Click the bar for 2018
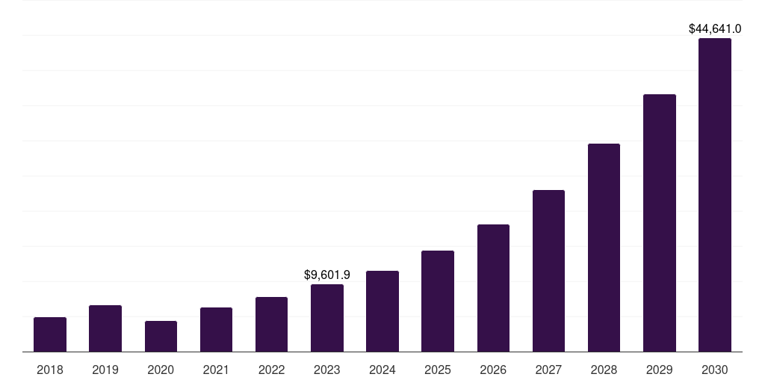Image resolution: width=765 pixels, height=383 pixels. pyautogui.click(x=50, y=334)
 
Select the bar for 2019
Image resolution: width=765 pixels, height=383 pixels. pyautogui.click(x=105, y=328)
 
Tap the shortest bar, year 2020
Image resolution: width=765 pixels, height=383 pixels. pyautogui.click(x=161, y=337)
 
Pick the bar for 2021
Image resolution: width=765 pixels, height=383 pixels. pyautogui.click(x=216, y=330)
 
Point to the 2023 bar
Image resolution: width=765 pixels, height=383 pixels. pyautogui.click(x=327, y=318)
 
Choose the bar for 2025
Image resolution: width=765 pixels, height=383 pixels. pyautogui.click(x=438, y=301)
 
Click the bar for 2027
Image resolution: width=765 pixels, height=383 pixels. pyautogui.click(x=548, y=271)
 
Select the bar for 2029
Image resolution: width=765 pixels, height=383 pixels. pyautogui.click(x=660, y=223)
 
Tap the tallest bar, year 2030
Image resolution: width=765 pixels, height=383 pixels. pyautogui.click(x=715, y=195)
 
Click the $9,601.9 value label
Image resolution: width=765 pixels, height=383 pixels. pyautogui.click(x=327, y=275)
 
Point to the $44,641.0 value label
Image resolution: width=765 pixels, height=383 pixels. pyautogui.click(x=715, y=29)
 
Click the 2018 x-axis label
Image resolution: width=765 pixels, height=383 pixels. pyautogui.click(x=50, y=370)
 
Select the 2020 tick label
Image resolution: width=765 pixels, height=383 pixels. pyautogui.click(x=161, y=370)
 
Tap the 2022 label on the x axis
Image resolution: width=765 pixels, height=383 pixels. pyautogui.click(x=271, y=370)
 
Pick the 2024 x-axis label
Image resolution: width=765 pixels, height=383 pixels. pyautogui.click(x=382, y=370)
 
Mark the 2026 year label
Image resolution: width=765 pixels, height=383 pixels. pyautogui.click(x=493, y=370)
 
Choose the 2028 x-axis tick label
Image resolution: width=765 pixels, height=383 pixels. pyautogui.click(x=604, y=370)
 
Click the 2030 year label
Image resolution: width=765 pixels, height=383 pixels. pyautogui.click(x=715, y=370)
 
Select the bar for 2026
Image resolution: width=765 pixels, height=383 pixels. pyautogui.click(x=493, y=288)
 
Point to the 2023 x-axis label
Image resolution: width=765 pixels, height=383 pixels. pyautogui.click(x=327, y=370)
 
